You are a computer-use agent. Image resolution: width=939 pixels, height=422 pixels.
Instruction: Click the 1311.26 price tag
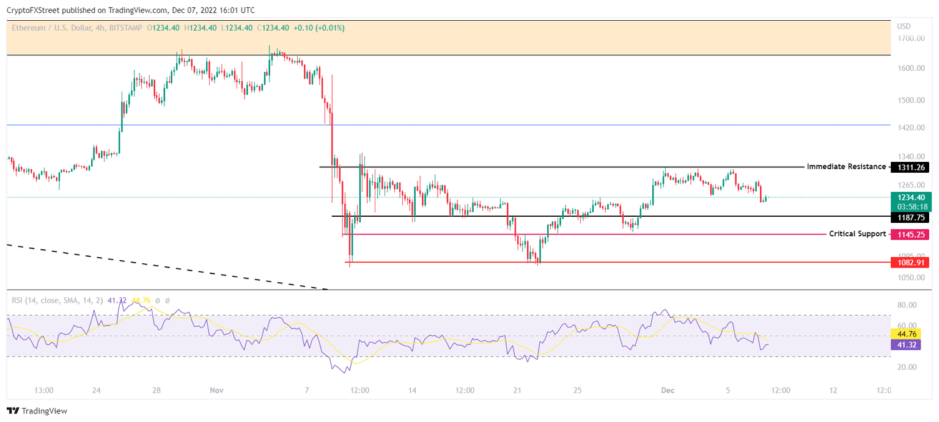click(x=910, y=167)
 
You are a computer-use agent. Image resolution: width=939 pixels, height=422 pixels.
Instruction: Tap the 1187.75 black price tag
click(x=910, y=217)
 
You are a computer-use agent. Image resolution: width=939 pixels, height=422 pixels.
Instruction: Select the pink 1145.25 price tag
click(x=910, y=234)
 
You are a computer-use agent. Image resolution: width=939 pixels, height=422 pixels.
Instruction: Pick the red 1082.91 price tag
click(x=910, y=262)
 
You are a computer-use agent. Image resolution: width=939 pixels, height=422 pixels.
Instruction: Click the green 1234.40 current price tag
click(x=910, y=197)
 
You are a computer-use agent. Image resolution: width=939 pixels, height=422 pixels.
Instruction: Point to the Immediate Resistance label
click(x=845, y=167)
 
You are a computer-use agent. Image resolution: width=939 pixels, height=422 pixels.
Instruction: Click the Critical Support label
click(x=857, y=234)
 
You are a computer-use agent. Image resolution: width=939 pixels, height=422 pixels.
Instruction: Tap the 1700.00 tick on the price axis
click(x=910, y=38)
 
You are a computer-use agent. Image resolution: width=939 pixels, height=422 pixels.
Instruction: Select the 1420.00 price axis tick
click(x=910, y=128)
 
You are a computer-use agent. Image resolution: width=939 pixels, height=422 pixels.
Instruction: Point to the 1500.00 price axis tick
click(x=910, y=100)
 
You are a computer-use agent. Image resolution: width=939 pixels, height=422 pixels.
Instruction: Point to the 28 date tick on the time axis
click(x=156, y=390)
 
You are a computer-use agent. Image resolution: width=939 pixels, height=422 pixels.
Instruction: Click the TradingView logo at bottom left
click(x=37, y=411)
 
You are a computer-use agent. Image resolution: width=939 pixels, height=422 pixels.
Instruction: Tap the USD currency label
click(x=904, y=26)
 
